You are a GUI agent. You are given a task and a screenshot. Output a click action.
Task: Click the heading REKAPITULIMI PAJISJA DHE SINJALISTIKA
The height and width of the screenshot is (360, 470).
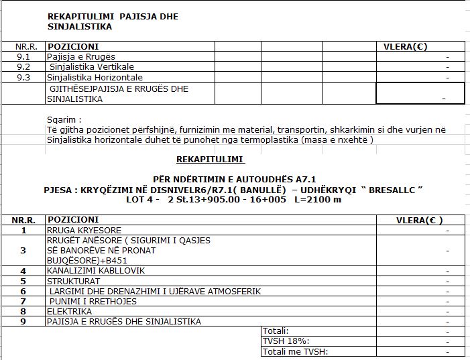pos(113,21)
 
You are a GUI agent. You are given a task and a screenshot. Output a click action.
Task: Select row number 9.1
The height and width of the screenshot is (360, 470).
pos(23,57)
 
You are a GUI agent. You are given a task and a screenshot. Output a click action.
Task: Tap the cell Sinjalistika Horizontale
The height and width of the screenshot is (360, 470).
pos(95,77)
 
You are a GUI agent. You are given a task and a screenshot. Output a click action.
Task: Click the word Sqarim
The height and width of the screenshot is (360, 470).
pos(62,119)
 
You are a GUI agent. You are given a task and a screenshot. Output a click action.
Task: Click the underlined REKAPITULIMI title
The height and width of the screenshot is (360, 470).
pos(210,160)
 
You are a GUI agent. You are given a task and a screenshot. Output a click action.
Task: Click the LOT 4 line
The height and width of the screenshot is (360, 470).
pos(233,199)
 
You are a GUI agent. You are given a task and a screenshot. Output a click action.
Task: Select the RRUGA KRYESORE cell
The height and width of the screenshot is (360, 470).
pos(84,230)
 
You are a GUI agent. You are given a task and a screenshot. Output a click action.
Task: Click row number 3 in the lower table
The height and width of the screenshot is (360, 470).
pos(23,250)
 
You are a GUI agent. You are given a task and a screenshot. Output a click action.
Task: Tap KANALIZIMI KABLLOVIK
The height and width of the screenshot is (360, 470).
pos(95,271)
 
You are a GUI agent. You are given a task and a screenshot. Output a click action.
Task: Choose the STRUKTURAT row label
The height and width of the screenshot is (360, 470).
pos(73,281)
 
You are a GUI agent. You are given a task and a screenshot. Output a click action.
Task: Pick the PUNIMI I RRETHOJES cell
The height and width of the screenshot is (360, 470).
pos(93,301)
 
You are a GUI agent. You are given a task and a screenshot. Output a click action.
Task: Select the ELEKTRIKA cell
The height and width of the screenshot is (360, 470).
pos(69,311)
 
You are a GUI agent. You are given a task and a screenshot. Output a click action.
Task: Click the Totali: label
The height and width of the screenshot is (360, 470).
pos(276,331)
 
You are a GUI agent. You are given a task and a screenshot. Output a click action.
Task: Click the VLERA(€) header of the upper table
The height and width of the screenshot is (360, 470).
pos(404,47)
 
